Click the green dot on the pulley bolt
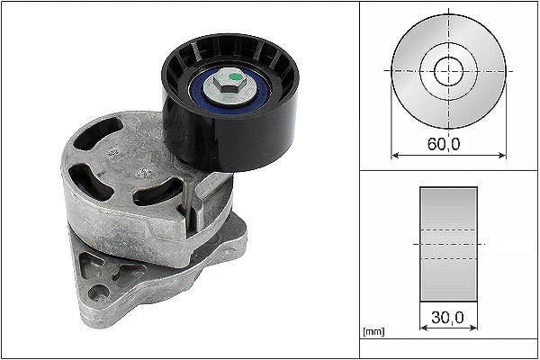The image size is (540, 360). coord(235,76)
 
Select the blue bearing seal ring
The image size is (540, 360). coord(229,91)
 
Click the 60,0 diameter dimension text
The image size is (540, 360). coord(444,144)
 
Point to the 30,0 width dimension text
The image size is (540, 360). coord(447,318)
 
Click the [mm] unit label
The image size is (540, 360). coord(373,331)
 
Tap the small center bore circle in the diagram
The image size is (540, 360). coord(449,71)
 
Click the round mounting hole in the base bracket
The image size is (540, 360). coord(99,292)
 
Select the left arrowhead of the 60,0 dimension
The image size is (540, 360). coord(395,156)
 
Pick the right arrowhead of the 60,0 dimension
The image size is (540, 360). coord(503,156)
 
